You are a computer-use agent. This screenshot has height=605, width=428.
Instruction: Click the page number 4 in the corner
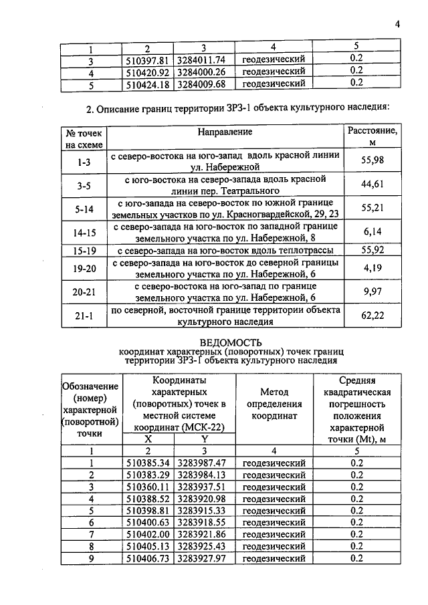click(397, 25)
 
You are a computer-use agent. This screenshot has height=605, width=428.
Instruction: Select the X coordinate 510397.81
click(147, 59)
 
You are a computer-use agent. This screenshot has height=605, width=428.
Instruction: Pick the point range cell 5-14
click(85, 209)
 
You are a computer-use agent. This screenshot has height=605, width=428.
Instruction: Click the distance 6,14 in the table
click(372, 232)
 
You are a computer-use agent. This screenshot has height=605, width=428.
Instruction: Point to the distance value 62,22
click(372, 316)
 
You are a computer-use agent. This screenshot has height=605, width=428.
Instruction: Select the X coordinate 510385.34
click(147, 463)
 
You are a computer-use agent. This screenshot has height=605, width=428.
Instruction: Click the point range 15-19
click(85, 251)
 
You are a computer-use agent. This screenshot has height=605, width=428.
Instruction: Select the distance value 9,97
click(372, 292)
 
